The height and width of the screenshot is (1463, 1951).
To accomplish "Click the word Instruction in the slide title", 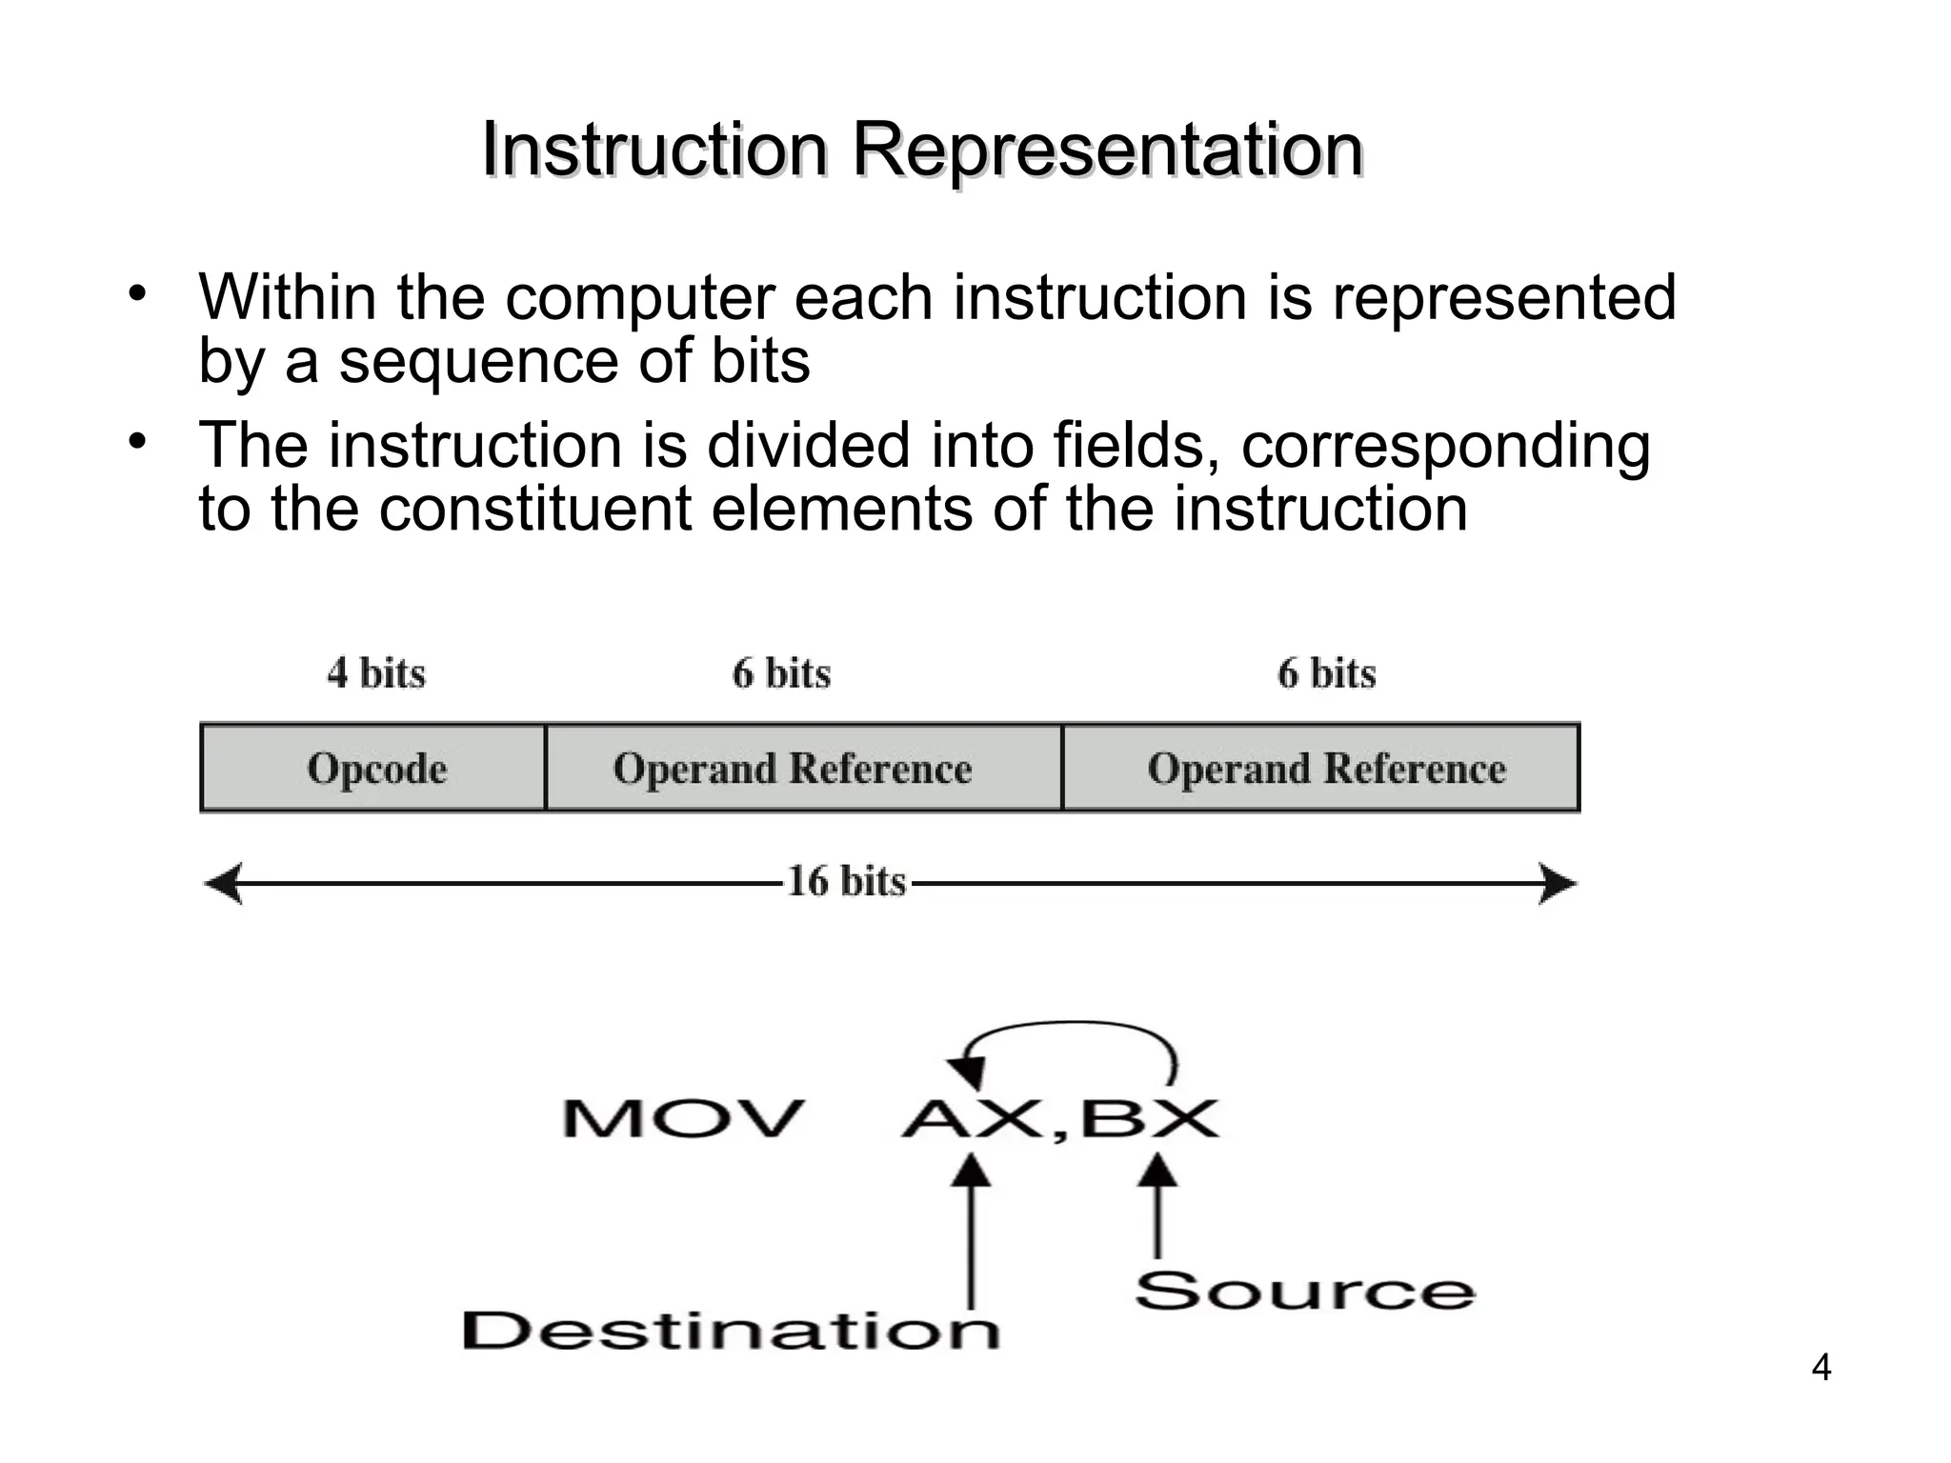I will pos(654,150).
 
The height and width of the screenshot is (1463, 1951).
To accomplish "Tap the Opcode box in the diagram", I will pos(374,768).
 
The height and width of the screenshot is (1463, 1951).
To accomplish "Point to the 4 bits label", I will pos(376,673).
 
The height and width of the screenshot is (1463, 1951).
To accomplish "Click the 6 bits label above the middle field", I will pos(781,673).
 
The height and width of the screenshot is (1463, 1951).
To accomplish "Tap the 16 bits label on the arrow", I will pos(846,882).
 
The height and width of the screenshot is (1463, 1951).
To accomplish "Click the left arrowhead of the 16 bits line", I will pos(225,884).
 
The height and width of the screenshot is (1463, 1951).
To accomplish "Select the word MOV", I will pos(683,1118).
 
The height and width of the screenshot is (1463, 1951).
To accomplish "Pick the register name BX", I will pos(1149,1118).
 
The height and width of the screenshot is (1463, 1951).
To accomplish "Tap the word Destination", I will pos(731,1330).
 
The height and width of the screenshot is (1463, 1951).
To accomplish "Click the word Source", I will pos(1304,1292).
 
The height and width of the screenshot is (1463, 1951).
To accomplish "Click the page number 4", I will pos(1820,1368).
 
